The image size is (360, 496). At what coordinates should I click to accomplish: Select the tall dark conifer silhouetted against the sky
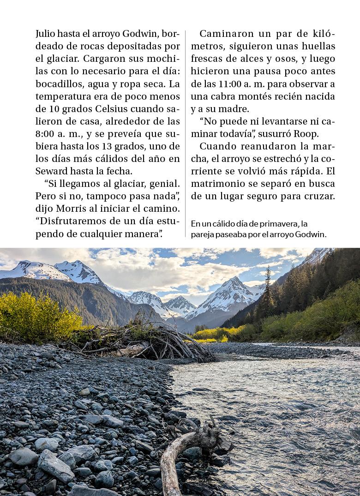268,291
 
